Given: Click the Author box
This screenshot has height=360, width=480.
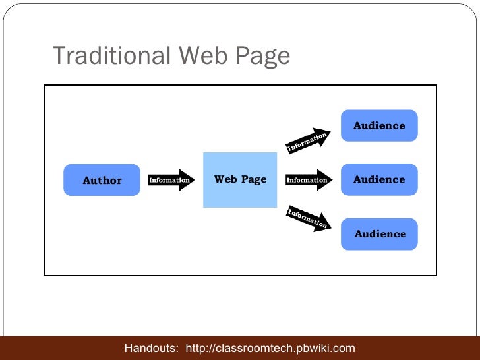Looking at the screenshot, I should [x=102, y=180].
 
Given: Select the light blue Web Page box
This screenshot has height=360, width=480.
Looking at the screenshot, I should [x=240, y=180].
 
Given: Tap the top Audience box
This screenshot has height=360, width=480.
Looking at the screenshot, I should [x=379, y=125].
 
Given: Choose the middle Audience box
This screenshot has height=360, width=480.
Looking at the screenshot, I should [x=379, y=179].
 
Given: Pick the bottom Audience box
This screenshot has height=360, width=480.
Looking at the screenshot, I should [x=380, y=233].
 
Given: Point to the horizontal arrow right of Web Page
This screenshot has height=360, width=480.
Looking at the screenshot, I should [x=309, y=180].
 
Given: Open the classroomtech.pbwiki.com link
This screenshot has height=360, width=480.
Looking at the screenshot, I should [x=271, y=348].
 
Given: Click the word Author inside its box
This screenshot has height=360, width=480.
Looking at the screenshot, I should [x=102, y=181].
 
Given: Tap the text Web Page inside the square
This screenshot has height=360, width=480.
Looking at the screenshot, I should [x=240, y=179].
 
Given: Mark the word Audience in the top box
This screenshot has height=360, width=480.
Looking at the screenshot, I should [x=379, y=125].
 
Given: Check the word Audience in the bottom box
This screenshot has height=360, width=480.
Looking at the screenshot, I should [x=380, y=234].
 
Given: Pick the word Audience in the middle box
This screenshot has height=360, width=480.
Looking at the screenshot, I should [x=379, y=179].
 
